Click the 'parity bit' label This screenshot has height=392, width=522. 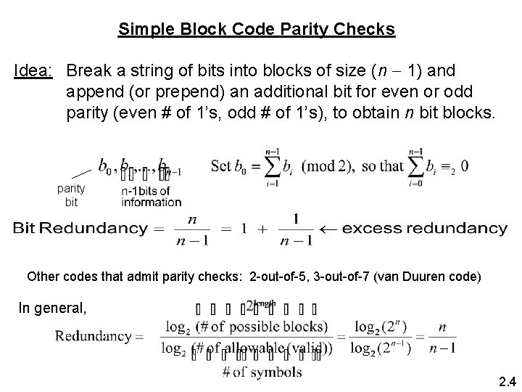click(71, 195)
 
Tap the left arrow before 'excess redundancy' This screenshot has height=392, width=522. click(333, 229)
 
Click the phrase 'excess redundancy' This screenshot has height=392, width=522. click(425, 229)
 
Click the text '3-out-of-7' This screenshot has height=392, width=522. click(345, 277)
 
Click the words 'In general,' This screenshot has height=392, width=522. click(52, 307)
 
